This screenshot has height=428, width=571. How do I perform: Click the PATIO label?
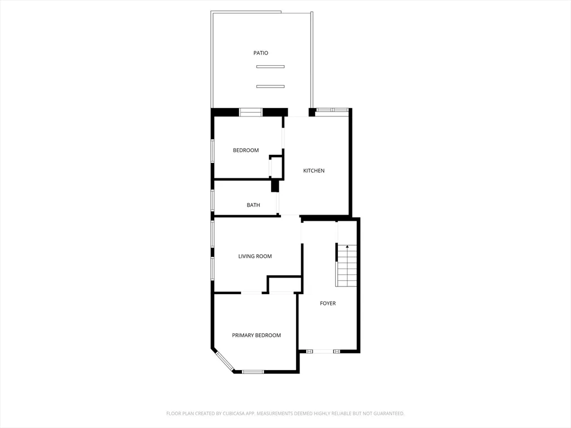point(260,53)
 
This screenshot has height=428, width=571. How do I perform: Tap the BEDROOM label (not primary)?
point(245,150)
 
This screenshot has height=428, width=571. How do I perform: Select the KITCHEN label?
point(313,171)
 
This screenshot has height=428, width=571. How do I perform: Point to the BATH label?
point(253,205)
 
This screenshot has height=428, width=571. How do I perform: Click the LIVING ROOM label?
point(255,256)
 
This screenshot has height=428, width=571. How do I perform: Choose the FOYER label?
point(327,303)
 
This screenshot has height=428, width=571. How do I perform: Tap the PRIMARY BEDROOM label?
point(256,335)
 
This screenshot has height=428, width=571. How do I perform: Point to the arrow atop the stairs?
point(347,247)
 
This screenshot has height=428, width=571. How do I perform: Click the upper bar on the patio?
point(270,67)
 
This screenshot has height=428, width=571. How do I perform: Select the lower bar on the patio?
point(270,86)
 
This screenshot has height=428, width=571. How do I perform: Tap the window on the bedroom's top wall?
point(251,113)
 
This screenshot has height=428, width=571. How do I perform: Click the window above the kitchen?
point(332,110)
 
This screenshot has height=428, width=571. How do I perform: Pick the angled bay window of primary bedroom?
point(225,361)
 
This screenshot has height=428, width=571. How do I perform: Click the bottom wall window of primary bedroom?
point(253,371)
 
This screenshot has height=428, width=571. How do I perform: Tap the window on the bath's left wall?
point(212,200)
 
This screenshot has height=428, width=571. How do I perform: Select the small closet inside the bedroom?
point(276,167)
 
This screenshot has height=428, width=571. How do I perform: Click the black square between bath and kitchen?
point(275,186)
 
